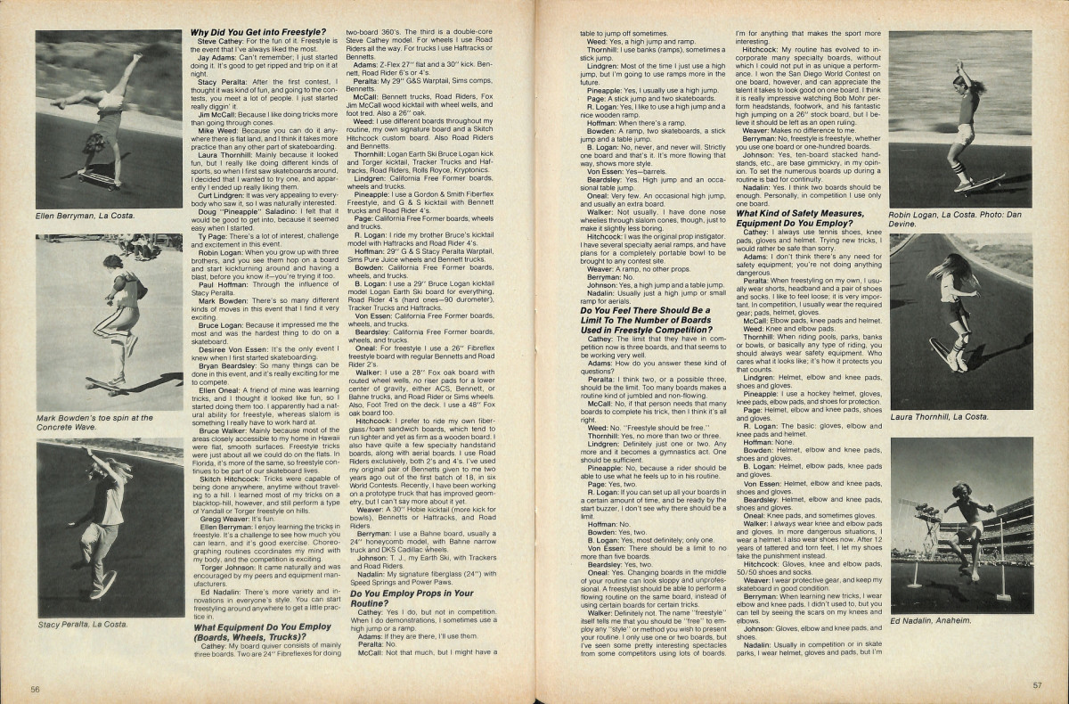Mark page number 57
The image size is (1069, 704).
point(1037,685)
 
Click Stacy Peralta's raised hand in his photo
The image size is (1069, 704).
point(89,452)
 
